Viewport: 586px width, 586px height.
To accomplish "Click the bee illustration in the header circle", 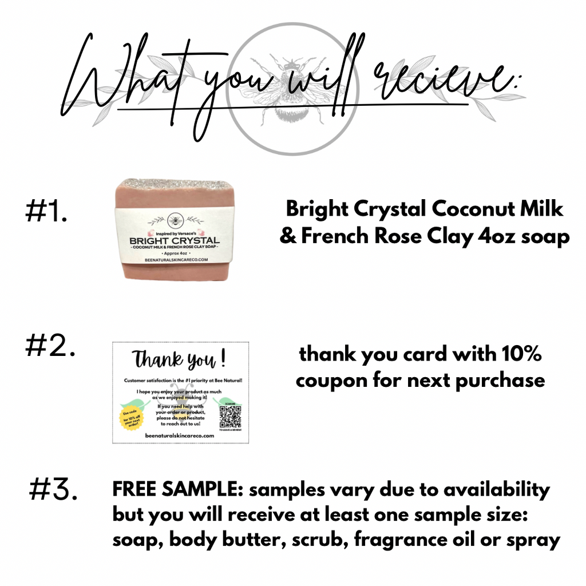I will tap(292, 92).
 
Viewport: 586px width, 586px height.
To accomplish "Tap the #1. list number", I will tap(47, 212).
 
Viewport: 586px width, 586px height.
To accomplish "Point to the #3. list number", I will tap(53, 490).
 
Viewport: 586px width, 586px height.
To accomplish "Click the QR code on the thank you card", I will tap(230, 417).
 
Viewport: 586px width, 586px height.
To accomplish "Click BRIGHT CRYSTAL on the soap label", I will tap(170, 240).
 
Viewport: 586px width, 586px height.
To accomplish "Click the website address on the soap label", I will tap(171, 259).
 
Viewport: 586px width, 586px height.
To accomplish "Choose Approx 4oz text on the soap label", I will tap(170, 252).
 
